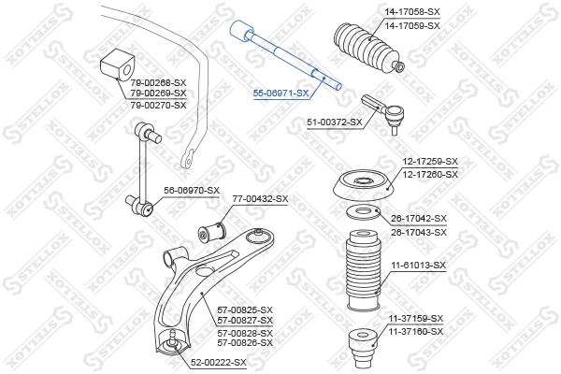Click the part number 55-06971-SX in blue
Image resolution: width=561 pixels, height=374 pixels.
[280, 93]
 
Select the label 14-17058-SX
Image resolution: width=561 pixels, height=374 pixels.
[412, 12]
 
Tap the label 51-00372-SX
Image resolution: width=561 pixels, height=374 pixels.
[335, 122]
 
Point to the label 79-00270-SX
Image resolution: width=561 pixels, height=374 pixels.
[159, 106]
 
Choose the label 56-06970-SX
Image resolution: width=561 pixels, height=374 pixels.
[192, 191]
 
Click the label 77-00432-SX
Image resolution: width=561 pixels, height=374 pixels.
[261, 198]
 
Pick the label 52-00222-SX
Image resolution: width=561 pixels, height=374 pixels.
[219, 363]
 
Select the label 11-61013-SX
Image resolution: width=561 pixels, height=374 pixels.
[418, 266]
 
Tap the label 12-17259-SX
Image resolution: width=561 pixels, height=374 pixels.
[430, 162]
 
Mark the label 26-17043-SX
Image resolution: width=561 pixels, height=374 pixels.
[419, 233]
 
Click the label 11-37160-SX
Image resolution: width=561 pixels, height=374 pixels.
[416, 332]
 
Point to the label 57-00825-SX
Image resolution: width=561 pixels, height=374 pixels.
[245, 309]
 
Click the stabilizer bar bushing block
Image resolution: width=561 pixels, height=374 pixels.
[117, 67]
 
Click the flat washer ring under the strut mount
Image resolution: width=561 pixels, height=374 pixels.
[364, 212]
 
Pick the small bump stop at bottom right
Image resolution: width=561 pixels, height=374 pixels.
[362, 348]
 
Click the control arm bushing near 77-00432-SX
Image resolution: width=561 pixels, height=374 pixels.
[212, 231]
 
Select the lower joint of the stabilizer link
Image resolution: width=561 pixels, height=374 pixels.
[140, 205]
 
